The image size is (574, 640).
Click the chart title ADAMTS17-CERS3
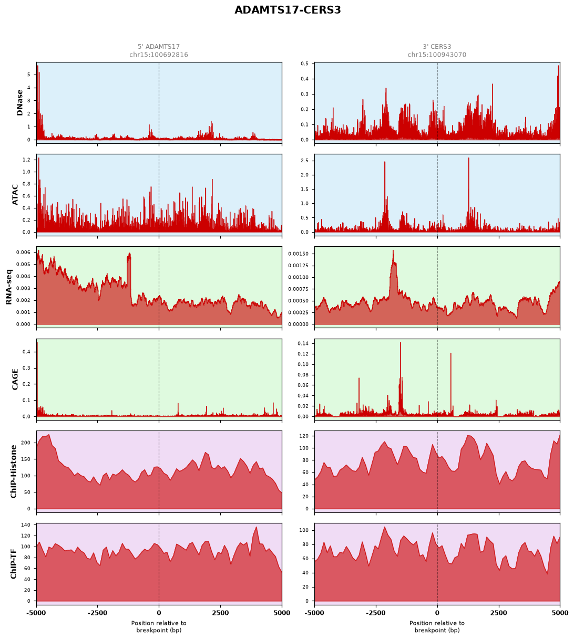(287, 10)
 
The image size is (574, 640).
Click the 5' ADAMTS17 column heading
(158, 47)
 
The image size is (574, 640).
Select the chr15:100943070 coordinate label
(436, 55)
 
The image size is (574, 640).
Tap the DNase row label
(20, 103)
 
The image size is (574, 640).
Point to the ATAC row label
(15, 195)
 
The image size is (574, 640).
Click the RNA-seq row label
(9, 287)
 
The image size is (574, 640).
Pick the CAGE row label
(15, 379)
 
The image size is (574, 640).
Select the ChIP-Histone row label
(13, 471)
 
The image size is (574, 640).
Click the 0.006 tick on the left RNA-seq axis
(24, 252)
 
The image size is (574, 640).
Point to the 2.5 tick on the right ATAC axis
(304, 161)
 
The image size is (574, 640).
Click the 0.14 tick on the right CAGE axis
(303, 343)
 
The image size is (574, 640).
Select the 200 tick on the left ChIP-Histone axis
(26, 443)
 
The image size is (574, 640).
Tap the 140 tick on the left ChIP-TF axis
(26, 524)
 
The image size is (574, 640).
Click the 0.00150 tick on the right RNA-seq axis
(298, 254)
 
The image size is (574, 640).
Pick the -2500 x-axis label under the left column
(97, 613)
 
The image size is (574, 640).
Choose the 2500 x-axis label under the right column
(498, 613)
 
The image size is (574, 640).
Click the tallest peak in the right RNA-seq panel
(393, 250)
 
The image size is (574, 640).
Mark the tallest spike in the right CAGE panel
(400, 342)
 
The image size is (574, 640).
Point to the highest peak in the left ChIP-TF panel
(256, 527)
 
